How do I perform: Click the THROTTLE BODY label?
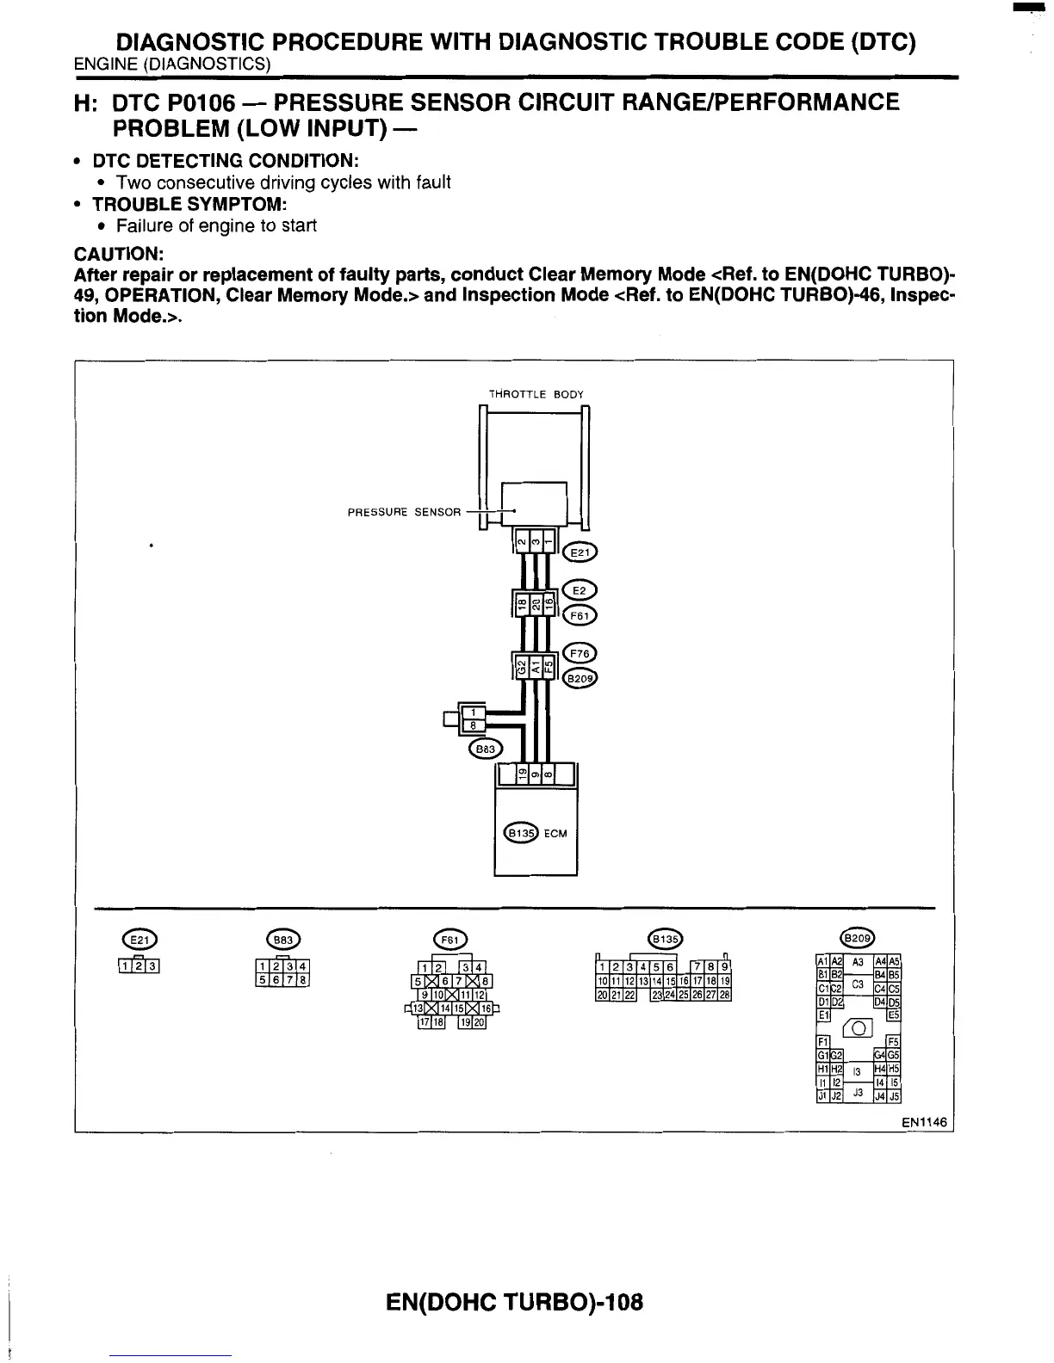click(x=536, y=394)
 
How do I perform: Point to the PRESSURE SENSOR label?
click(x=404, y=512)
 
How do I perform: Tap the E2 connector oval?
click(x=579, y=591)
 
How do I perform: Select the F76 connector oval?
click(x=579, y=653)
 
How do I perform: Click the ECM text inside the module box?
click(x=555, y=833)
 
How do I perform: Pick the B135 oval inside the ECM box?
click(x=520, y=833)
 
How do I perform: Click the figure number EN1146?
click(x=925, y=1122)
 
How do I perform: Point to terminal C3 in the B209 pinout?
click(x=858, y=983)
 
